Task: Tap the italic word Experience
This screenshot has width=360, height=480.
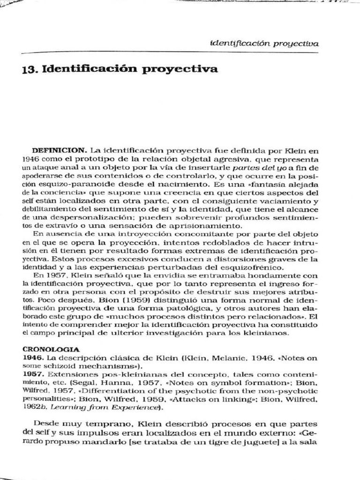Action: [x=140, y=408]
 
